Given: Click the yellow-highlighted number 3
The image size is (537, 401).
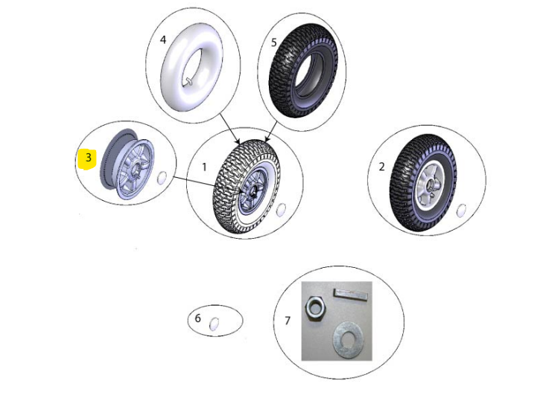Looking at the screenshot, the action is click(89, 158).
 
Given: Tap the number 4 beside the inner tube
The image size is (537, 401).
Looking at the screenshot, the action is click(163, 40).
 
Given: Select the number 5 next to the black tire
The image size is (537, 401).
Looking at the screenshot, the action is click(273, 42).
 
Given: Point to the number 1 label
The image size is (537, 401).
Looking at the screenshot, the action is click(205, 167).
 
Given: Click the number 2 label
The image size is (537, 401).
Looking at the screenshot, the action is click(381, 167).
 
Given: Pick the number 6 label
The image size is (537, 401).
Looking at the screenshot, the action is click(197, 318).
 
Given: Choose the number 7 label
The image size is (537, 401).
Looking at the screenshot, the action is click(287, 321).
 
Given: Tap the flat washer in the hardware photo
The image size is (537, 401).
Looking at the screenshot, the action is click(349, 340).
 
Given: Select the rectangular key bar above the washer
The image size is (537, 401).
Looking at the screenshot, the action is click(351, 295).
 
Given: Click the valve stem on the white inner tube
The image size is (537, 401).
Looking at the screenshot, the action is click(188, 81).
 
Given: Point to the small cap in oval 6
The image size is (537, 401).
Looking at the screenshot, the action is click(214, 324).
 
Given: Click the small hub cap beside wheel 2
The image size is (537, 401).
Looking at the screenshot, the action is click(461, 211).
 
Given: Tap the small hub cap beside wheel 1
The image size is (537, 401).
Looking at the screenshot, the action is click(281, 210).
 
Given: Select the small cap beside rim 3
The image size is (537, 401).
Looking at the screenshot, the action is click(162, 179).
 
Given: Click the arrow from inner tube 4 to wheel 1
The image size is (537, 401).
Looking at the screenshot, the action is click(229, 128).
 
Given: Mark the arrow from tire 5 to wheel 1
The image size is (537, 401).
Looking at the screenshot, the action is click(271, 132).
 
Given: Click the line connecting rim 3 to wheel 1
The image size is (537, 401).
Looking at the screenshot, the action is click(194, 182).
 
